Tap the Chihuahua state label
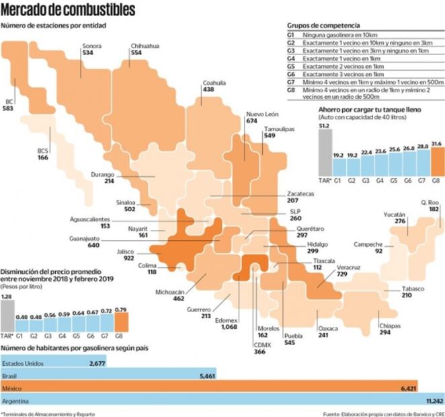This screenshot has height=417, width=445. [x=145, y=46]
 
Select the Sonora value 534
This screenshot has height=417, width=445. [x=87, y=52]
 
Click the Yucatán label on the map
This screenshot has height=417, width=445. [x=395, y=213]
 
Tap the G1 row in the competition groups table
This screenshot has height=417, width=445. [x=363, y=34]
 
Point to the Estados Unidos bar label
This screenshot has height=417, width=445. [x=22, y=363]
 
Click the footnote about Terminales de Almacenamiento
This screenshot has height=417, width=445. [x=48, y=413]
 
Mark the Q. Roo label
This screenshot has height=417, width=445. [x=430, y=202]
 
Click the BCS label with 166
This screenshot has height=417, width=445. [x=42, y=151]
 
